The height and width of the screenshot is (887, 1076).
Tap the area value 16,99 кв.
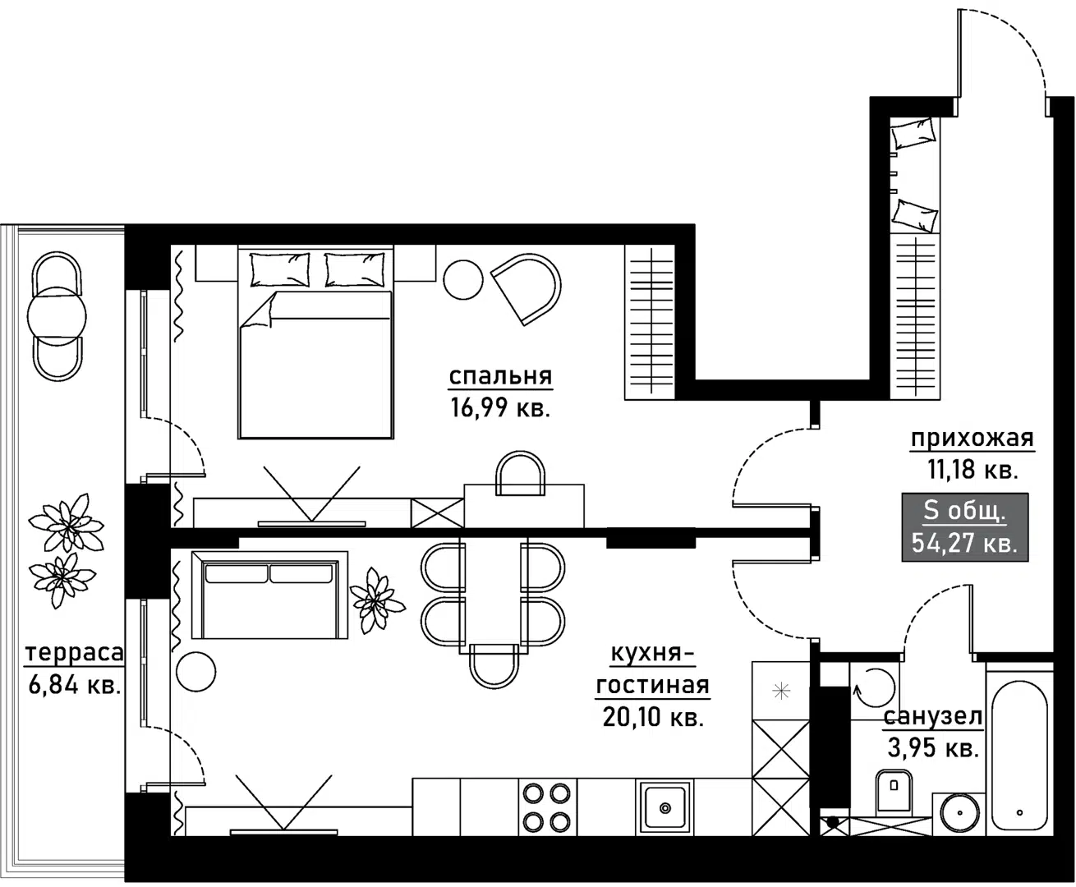click(x=500, y=407)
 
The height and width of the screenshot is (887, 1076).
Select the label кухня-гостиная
click(x=652, y=669)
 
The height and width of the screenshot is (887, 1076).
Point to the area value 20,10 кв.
click(x=653, y=717)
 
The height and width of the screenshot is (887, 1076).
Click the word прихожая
click(x=972, y=439)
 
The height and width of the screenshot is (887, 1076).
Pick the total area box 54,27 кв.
click(x=965, y=526)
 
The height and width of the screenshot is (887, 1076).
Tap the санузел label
click(x=932, y=717)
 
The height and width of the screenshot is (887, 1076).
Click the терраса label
click(x=75, y=654)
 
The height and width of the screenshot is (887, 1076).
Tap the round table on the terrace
click(x=57, y=315)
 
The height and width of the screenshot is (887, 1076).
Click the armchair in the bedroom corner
click(x=527, y=288)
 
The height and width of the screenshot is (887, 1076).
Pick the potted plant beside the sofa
click(x=377, y=601)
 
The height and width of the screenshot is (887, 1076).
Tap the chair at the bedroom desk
click(x=521, y=474)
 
